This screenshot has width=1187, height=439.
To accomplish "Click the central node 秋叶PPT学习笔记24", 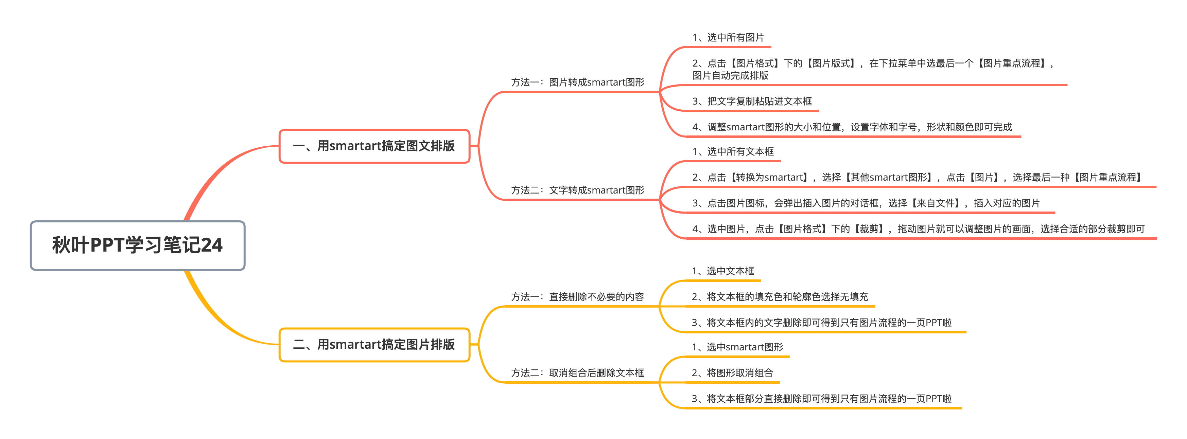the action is tap(137, 245).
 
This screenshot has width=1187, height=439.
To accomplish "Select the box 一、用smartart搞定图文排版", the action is tap(374, 146).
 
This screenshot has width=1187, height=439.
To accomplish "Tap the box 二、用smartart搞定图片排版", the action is tap(374, 345).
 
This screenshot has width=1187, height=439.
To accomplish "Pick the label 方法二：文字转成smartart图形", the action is tap(577, 190).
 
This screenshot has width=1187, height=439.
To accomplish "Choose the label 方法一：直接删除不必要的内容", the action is tap(577, 297).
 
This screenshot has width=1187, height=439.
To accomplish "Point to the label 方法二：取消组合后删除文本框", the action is tap(577, 373).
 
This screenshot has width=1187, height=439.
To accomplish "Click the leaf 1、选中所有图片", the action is tap(728, 37).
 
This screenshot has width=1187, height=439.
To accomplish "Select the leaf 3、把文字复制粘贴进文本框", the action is tap(752, 101).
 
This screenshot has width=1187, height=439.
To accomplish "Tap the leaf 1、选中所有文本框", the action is tap(733, 151).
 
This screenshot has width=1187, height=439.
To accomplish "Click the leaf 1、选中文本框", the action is tap(723, 271).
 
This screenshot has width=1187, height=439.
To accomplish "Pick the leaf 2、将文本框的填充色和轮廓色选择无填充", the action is tap(780, 297).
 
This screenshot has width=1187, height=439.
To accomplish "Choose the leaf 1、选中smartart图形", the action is tap(737, 347).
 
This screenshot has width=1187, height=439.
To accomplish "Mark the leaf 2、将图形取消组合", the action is tap(732, 373).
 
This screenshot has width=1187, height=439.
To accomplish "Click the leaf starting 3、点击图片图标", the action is tap(866, 203).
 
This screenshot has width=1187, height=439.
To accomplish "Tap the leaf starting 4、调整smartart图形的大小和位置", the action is tap(852, 127).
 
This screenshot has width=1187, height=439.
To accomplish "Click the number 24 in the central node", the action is tap(211, 245).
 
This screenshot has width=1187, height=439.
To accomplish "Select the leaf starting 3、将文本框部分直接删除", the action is tap(822, 399).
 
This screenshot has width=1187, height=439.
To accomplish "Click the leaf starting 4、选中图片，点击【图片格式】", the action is tap(918, 229).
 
